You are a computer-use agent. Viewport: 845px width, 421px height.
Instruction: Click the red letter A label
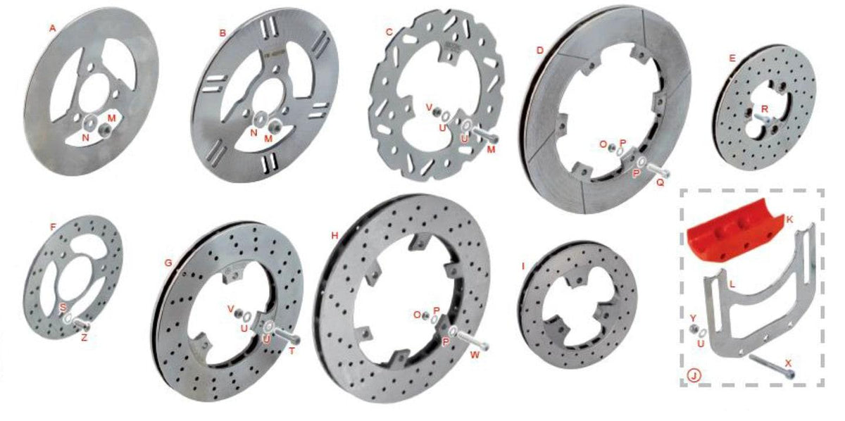point(53,28)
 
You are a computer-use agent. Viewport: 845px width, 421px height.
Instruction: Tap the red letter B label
point(223,33)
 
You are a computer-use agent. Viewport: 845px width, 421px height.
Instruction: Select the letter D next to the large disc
point(540,50)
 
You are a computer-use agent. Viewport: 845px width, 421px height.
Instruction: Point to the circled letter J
point(694,375)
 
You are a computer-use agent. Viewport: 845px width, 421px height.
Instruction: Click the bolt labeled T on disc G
point(287,335)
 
